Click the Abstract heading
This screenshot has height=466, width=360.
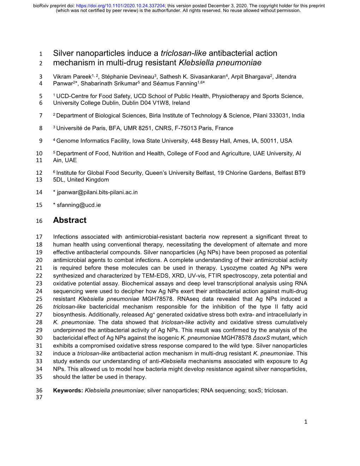tap(70, 220)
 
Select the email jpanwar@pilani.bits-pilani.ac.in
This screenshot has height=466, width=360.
tap(97, 192)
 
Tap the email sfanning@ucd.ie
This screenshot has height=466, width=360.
tap(79, 205)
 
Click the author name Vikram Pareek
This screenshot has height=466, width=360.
tap(72, 77)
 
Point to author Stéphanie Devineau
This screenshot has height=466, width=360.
tap(128, 77)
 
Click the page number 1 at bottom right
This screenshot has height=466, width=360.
tap(305, 422)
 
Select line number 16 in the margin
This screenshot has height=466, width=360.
tap(39, 221)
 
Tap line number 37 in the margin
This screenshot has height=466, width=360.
tap(39, 397)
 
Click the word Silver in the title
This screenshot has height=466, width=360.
tap(64, 53)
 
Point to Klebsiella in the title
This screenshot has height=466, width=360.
tap(196, 63)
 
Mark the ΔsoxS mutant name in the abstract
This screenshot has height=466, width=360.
tap(261, 338)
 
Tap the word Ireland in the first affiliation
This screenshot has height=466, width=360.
tap(181, 103)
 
